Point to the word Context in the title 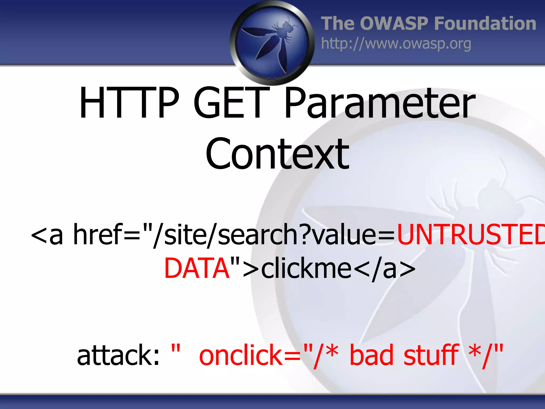click(x=277, y=154)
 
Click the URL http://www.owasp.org click(x=396, y=44)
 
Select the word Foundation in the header click(x=485, y=23)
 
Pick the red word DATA click(x=197, y=268)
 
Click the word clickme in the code click(x=306, y=268)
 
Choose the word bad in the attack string click(x=371, y=355)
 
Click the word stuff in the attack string click(x=431, y=355)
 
